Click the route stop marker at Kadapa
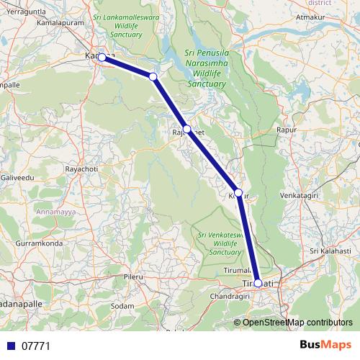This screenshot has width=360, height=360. pos(102,57)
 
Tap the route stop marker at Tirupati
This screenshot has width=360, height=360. pos(258,283)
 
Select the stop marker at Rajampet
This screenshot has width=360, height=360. pos(186,129)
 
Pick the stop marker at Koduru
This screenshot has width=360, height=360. pos(238,193)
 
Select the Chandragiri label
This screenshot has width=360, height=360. pos(229,296)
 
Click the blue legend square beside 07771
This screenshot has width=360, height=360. pos(10,346)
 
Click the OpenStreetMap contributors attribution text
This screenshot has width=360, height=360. pos(297,322)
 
